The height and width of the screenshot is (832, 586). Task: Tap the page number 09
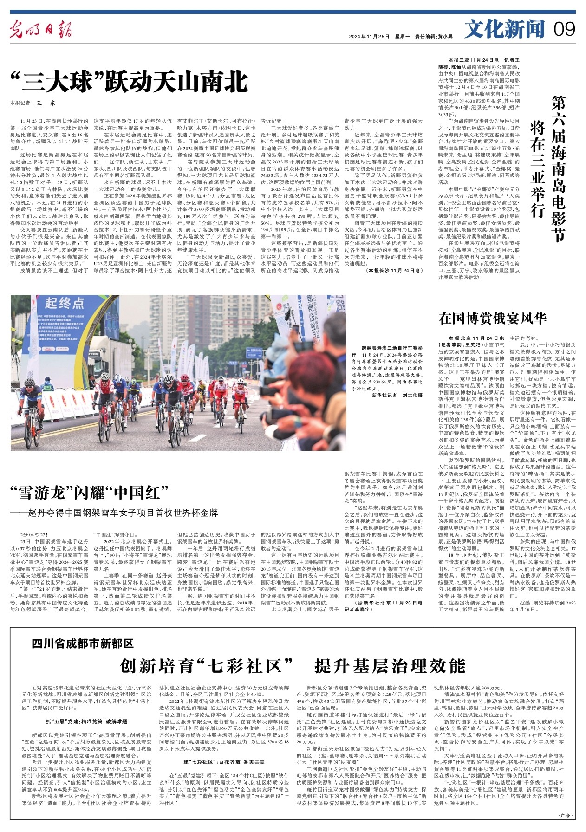tap(565, 30)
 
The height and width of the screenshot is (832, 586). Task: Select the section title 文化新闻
tap(505, 30)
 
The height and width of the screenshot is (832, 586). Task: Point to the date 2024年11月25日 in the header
tap(369, 36)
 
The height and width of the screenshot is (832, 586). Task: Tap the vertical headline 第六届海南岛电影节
tap(559, 168)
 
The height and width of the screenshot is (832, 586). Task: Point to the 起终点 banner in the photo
tap(65, 303)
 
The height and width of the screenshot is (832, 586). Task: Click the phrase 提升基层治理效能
tap(390, 666)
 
